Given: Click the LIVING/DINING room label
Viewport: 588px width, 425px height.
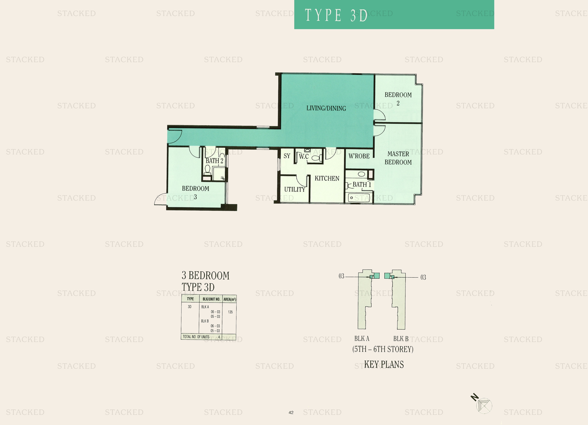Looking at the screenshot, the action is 326,108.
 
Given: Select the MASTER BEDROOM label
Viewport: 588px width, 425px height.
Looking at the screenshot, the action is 398,158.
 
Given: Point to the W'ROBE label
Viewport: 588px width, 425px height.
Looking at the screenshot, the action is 359,156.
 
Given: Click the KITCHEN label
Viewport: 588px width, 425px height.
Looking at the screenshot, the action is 327,178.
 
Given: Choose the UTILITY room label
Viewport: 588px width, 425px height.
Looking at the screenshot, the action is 295,190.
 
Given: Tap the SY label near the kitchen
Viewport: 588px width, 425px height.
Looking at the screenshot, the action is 287,156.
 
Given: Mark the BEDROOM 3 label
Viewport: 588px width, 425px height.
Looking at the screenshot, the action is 196,193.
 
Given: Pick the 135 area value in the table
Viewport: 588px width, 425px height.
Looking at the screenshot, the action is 230,312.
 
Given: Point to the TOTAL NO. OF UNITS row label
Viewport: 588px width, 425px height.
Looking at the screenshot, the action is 196,337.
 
